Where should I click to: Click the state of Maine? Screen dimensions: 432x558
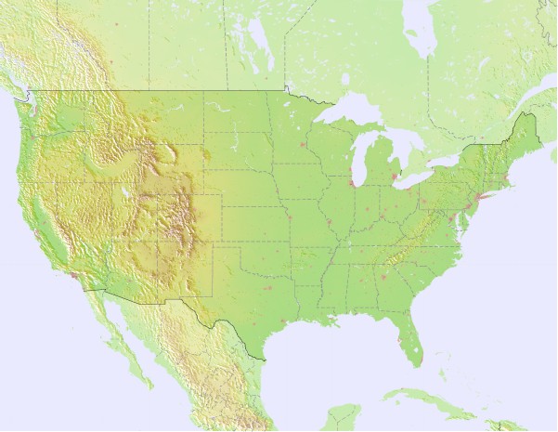(525, 135)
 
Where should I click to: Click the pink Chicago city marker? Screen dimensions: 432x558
(354, 183)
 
